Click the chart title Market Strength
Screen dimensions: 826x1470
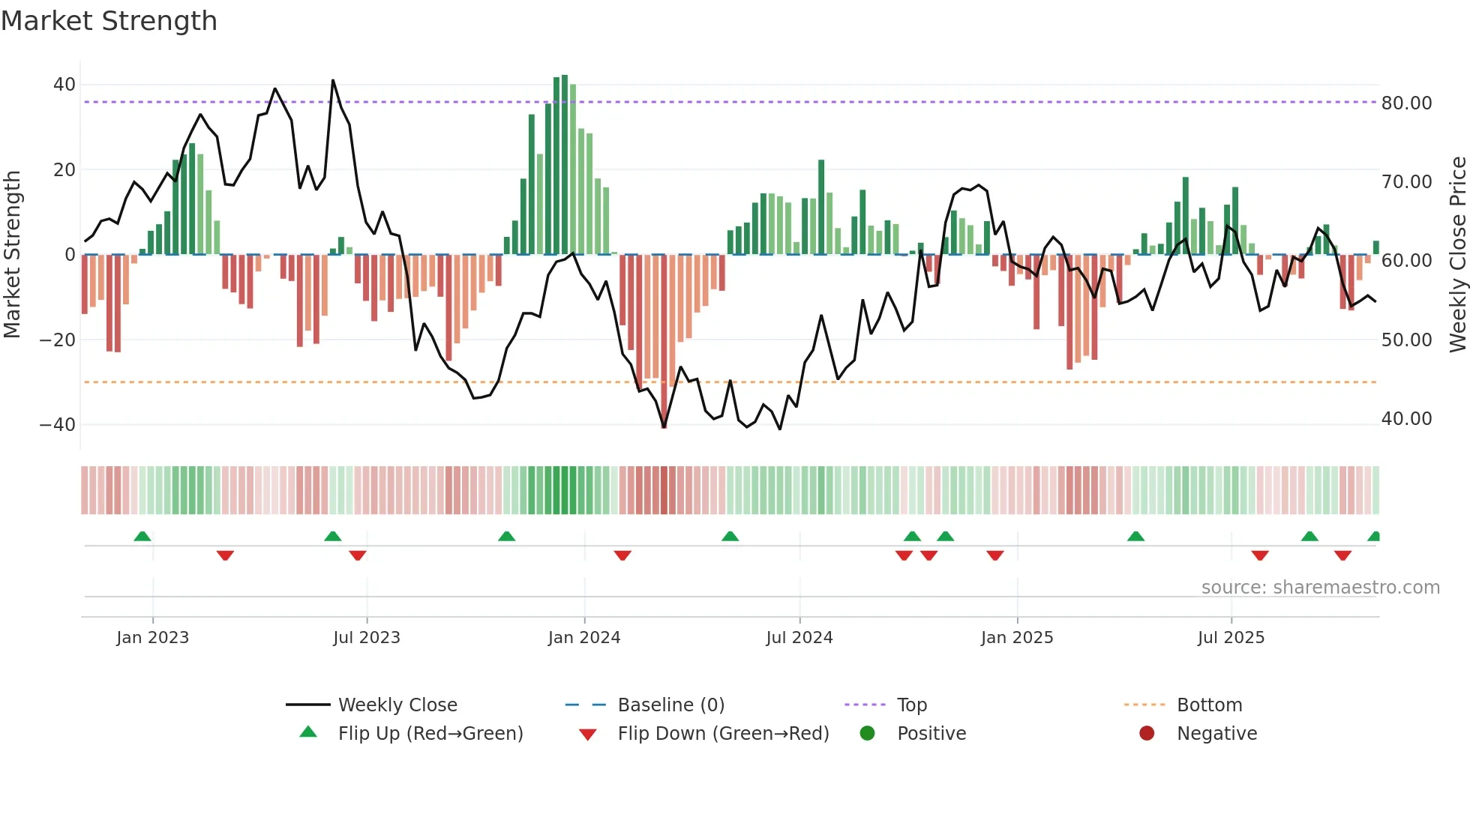pos(109,21)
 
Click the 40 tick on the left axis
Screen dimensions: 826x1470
pos(64,85)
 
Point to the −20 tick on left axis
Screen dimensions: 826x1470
pos(58,340)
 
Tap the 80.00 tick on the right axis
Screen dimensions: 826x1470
pos(1406,103)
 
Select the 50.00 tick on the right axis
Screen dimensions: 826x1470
pos(1406,340)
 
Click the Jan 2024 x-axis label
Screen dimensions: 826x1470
pos(583,638)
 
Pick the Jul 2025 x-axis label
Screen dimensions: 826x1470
pos(1231,638)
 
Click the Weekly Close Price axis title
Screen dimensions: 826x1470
pos(1457,255)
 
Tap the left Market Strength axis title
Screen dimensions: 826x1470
pos(13,255)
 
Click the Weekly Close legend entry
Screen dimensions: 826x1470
pos(397,705)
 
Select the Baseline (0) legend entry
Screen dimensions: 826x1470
pos(670,705)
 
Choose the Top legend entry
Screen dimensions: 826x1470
pos(911,705)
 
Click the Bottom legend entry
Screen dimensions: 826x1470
pos(1209,705)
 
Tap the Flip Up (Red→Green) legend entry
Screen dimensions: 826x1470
pos(430,734)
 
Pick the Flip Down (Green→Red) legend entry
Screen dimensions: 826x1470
pos(723,734)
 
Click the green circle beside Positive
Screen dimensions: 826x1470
pos(868,734)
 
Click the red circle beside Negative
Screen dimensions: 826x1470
pos(1147,734)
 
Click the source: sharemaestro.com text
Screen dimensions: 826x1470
pos(1320,588)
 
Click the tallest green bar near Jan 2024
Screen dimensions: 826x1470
pos(565,165)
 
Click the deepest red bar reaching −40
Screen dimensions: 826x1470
pos(664,341)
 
